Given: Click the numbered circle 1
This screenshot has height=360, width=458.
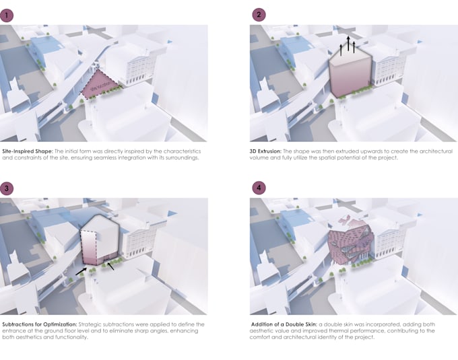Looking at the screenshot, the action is (x=7, y=15).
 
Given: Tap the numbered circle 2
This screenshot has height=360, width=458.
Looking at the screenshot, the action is (x=259, y=15).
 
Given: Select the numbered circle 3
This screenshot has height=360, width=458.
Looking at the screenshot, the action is (x=7, y=188).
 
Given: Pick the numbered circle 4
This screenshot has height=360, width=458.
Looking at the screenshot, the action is (x=259, y=188).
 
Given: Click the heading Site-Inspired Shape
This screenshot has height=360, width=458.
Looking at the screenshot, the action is (x=28, y=151).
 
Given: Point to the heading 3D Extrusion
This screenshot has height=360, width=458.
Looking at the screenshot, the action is (x=265, y=151).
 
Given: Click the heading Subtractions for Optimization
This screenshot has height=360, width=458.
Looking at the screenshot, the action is (x=40, y=324).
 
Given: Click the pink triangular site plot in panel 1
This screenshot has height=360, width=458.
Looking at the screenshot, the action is (x=100, y=85).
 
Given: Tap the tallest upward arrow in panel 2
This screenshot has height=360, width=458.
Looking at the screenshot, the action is (x=348, y=43).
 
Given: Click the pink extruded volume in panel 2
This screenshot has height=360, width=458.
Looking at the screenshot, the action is (x=350, y=76).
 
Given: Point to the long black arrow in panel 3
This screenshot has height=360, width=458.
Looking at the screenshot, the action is (x=81, y=271).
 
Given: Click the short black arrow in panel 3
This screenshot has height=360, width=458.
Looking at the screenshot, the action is (x=110, y=266).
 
